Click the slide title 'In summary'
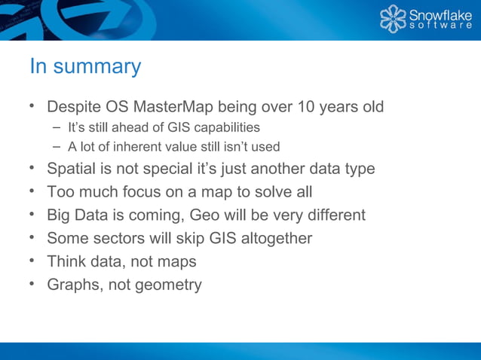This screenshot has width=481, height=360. pos(85,67)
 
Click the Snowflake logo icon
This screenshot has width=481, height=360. pos(392,20)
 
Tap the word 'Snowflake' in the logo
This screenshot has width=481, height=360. pos(440,14)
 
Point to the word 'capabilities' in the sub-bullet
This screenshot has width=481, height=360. pos(225,127)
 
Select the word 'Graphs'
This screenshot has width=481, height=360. pos(73,285)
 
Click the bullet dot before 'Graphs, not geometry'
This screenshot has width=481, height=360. pos(33,284)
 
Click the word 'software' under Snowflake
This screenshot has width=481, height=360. pos(440,26)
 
